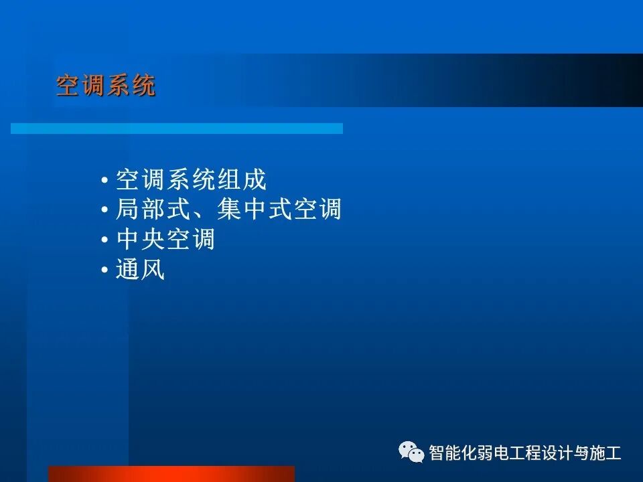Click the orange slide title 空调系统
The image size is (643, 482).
pos(106,86)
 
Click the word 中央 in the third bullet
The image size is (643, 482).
pos(141,240)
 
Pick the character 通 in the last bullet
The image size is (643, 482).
pos(128,271)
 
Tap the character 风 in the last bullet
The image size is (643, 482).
pos(153,271)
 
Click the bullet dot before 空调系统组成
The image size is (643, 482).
pos(104,181)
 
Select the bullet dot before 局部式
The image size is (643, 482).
pos(104,212)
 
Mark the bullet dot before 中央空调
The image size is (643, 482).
pos(104,242)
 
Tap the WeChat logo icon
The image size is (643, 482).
pos(411,453)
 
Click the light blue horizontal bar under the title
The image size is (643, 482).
pos(177,128)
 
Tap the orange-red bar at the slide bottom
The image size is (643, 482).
pos(171,474)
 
